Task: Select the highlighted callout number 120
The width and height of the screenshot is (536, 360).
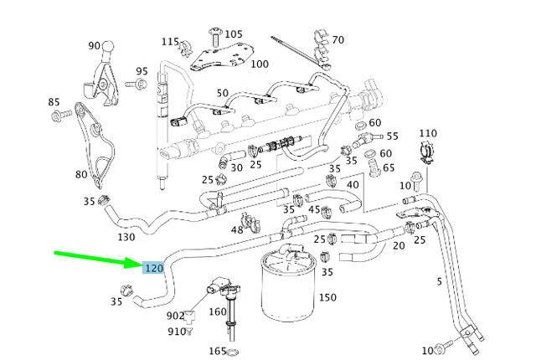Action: coord(152,269)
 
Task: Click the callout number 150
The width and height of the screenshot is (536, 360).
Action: coord(327,297)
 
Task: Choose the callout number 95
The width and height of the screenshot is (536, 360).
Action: coord(142,72)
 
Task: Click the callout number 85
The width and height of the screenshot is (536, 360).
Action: coord(54,102)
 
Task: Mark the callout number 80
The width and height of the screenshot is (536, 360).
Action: coord(81,174)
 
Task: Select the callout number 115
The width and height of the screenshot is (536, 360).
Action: coord(171,41)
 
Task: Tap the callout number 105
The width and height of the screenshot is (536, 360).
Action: coord(234,33)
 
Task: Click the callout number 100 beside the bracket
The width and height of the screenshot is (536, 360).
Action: coord(260,64)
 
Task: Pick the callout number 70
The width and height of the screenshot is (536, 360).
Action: coord(338,39)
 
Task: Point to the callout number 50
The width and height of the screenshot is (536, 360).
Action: coord(222,93)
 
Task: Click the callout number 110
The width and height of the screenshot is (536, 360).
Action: coord(427,133)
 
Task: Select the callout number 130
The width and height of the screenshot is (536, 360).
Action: coord(126,237)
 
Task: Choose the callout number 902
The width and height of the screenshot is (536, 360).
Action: coord(175,316)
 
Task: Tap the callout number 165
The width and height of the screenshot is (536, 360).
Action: coord(218,352)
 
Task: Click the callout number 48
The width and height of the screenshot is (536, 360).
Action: coord(237,229)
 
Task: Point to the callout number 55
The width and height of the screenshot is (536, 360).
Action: coord(392,136)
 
